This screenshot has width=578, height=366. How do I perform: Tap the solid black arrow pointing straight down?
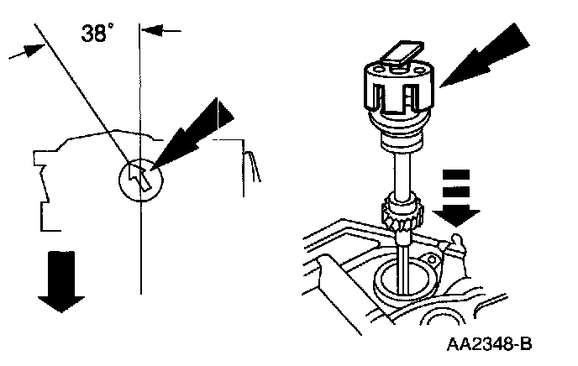pos(60,282)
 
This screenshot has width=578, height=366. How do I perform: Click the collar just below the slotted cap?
pos(402,134)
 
